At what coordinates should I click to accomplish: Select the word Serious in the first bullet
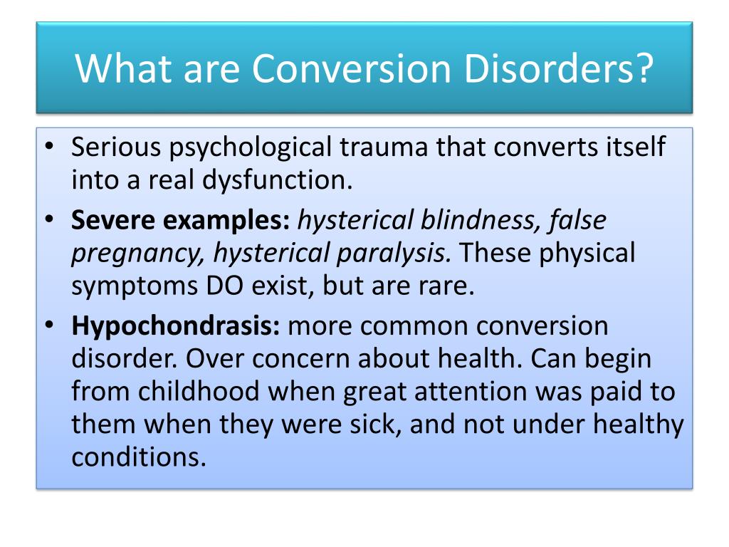click(117, 147)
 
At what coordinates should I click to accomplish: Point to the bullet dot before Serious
click(49, 148)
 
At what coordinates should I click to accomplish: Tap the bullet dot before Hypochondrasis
click(49, 327)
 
